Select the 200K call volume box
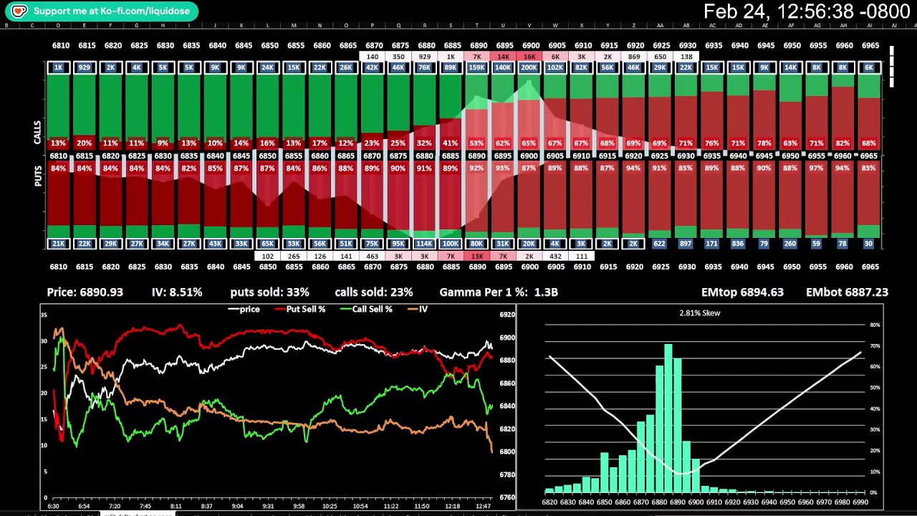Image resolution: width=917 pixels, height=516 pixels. coord(529,67)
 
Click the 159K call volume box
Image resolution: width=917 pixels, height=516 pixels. coord(477,67)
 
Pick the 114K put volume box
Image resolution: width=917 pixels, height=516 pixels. coord(424,244)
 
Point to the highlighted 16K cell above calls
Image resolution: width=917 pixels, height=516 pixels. coord(529,57)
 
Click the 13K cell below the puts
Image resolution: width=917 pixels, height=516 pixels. coord(477,256)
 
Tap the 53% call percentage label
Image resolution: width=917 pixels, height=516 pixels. coord(477,143)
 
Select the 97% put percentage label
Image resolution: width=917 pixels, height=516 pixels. coord(816,168)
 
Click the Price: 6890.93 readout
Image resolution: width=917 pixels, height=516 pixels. coord(85,292)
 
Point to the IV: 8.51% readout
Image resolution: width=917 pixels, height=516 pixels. coord(177,292)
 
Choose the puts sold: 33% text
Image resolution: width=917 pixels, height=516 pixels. coord(269,292)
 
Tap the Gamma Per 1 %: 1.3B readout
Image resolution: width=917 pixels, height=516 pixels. coord(499,292)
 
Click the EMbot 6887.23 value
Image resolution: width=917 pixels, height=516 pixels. coord(847,292)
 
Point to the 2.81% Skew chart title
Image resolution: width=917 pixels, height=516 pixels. coord(699,313)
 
